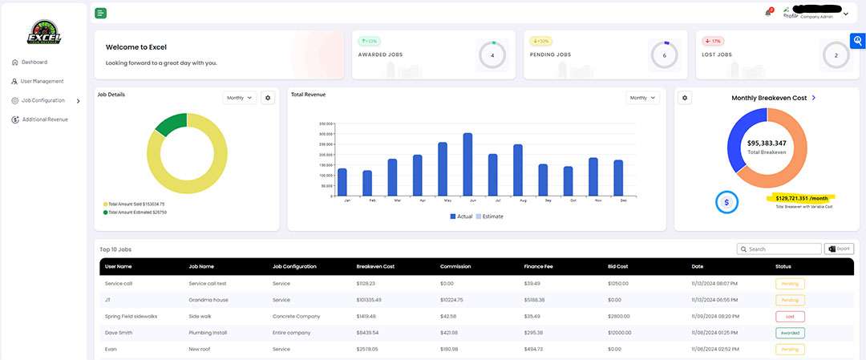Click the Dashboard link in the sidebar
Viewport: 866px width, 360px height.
pos(34,62)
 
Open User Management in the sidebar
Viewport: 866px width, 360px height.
pos(42,81)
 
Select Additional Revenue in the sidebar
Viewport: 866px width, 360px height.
pos(44,119)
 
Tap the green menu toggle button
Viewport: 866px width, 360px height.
pos(100,13)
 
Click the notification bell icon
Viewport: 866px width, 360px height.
pos(768,13)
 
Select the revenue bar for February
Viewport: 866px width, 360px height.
pos(367,184)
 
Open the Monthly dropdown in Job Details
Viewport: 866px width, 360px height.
pos(240,98)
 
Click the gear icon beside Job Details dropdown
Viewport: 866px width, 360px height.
pos(269,98)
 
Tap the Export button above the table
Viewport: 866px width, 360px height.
pos(840,249)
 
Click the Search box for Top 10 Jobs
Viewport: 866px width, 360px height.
pos(779,249)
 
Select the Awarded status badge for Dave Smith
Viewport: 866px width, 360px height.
pos(789,333)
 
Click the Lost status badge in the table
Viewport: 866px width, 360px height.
pos(789,316)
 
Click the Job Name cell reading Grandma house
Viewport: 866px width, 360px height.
pos(205,300)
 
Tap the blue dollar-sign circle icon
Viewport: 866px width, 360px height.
pos(726,202)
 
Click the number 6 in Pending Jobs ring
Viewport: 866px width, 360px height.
pos(664,55)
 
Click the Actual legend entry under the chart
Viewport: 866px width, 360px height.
pos(461,216)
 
